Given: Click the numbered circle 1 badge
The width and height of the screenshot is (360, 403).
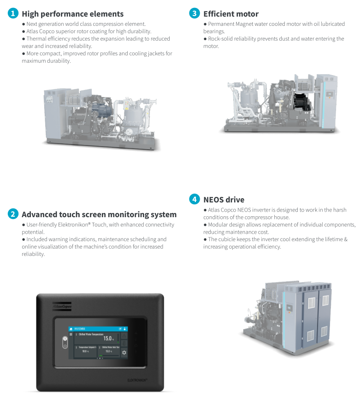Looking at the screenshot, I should pyautogui.click(x=13, y=13).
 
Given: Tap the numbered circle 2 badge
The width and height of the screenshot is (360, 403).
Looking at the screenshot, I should pyautogui.click(x=13, y=213).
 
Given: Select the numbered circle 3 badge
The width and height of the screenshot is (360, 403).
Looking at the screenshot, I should pyautogui.click(x=195, y=13).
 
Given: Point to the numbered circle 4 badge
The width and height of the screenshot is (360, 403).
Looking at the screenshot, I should pyautogui.click(x=195, y=199).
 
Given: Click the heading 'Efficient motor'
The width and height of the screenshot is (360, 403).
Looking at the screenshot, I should pyautogui.click(x=230, y=14).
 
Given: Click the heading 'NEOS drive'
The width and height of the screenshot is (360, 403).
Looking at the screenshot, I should pyautogui.click(x=224, y=200).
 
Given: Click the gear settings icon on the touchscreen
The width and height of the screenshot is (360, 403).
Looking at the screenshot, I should pyautogui.click(x=124, y=353).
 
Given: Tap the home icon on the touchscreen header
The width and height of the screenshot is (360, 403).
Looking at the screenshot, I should pyautogui.click(x=71, y=328).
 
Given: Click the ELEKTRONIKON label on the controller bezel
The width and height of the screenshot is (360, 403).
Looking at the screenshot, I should pyautogui.click(x=137, y=380).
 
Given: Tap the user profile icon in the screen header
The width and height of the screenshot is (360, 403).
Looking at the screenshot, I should pyautogui.click(x=124, y=328).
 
